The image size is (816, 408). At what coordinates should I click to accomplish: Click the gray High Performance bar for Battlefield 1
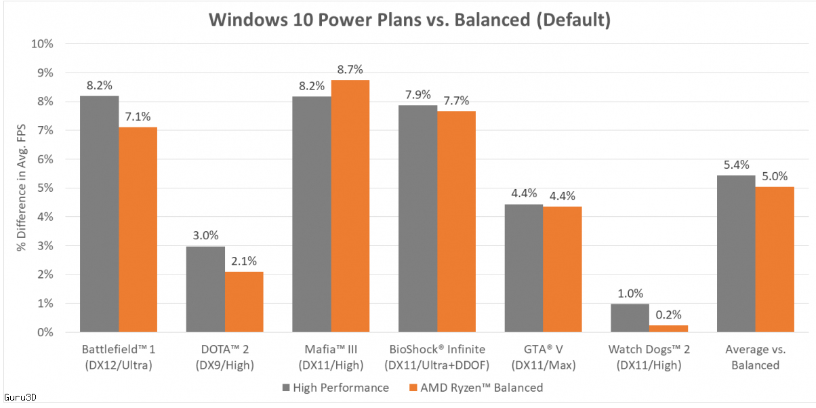(x=100, y=213)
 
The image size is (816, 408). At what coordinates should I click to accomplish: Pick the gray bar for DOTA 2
(x=205, y=289)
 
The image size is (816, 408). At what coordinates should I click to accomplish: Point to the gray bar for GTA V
(x=524, y=268)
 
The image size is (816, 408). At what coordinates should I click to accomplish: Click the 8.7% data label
(x=350, y=69)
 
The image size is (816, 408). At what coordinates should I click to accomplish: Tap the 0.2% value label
(x=668, y=314)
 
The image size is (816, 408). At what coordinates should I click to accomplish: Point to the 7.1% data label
(x=138, y=117)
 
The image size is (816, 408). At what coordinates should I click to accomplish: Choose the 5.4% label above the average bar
(x=736, y=165)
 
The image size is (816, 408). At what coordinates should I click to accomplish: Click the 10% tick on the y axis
(x=43, y=44)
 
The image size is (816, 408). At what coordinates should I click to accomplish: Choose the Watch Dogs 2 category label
(x=649, y=358)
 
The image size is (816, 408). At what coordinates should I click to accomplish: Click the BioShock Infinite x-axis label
(x=437, y=358)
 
